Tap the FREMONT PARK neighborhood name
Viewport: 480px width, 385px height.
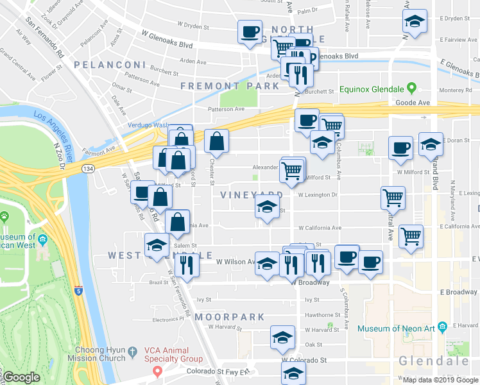click(x=220, y=85)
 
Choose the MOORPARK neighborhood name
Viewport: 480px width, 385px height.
click(x=230, y=317)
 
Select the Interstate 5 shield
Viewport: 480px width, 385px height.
click(x=78, y=290)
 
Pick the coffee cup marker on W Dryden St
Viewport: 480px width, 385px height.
click(x=250, y=31)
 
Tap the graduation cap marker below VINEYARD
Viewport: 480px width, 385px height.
click(x=267, y=208)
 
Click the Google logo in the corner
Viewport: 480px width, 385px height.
click(x=21, y=378)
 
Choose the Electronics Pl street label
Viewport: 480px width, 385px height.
click(x=168, y=318)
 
